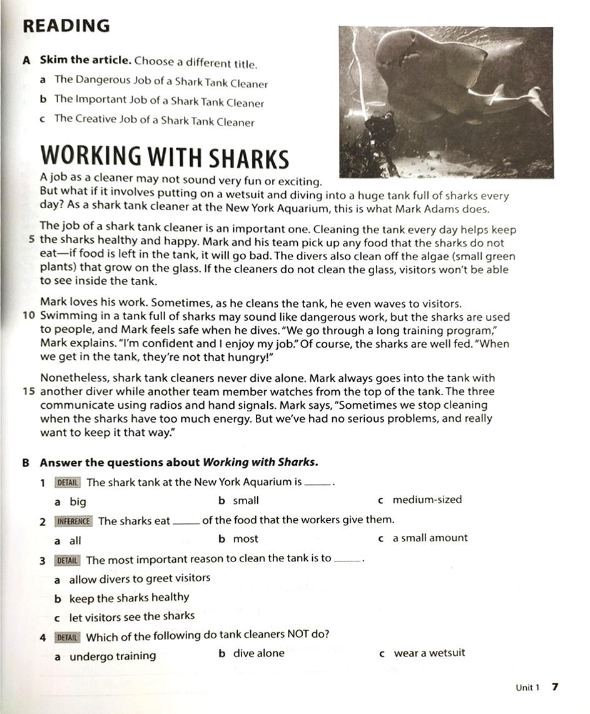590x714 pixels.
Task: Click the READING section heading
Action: [66, 26]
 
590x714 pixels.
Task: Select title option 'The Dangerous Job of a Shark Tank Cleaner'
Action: [160, 81]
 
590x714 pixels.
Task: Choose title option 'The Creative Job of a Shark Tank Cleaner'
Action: [154, 120]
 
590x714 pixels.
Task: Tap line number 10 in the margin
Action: [28, 317]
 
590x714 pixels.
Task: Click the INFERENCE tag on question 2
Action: [74, 521]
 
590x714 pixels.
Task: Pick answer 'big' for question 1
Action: [78, 501]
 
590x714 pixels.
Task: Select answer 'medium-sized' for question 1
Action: [427, 500]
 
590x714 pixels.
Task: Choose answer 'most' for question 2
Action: [245, 539]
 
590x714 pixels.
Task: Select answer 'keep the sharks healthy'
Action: [129, 598]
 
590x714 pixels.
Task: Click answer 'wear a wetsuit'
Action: [429, 653]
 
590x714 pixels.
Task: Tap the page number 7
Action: [554, 686]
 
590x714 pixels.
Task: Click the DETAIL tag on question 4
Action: [68, 637]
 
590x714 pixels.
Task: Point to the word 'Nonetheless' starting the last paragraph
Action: [69, 378]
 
